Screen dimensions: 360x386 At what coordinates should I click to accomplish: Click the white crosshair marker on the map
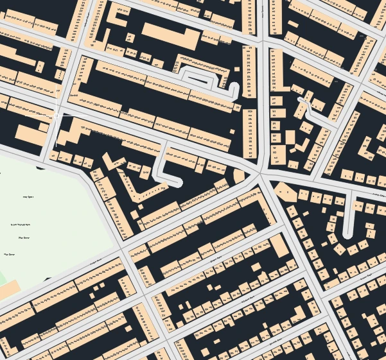point(57,116)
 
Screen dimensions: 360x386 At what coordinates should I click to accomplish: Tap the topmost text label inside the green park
point(28,197)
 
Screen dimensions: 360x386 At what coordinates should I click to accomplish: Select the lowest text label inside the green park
point(10,255)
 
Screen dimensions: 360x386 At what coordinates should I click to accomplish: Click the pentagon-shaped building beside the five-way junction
point(285,192)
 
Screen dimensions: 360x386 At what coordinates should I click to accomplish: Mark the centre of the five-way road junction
point(260,173)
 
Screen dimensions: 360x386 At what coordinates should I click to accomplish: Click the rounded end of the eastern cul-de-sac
point(347,234)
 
